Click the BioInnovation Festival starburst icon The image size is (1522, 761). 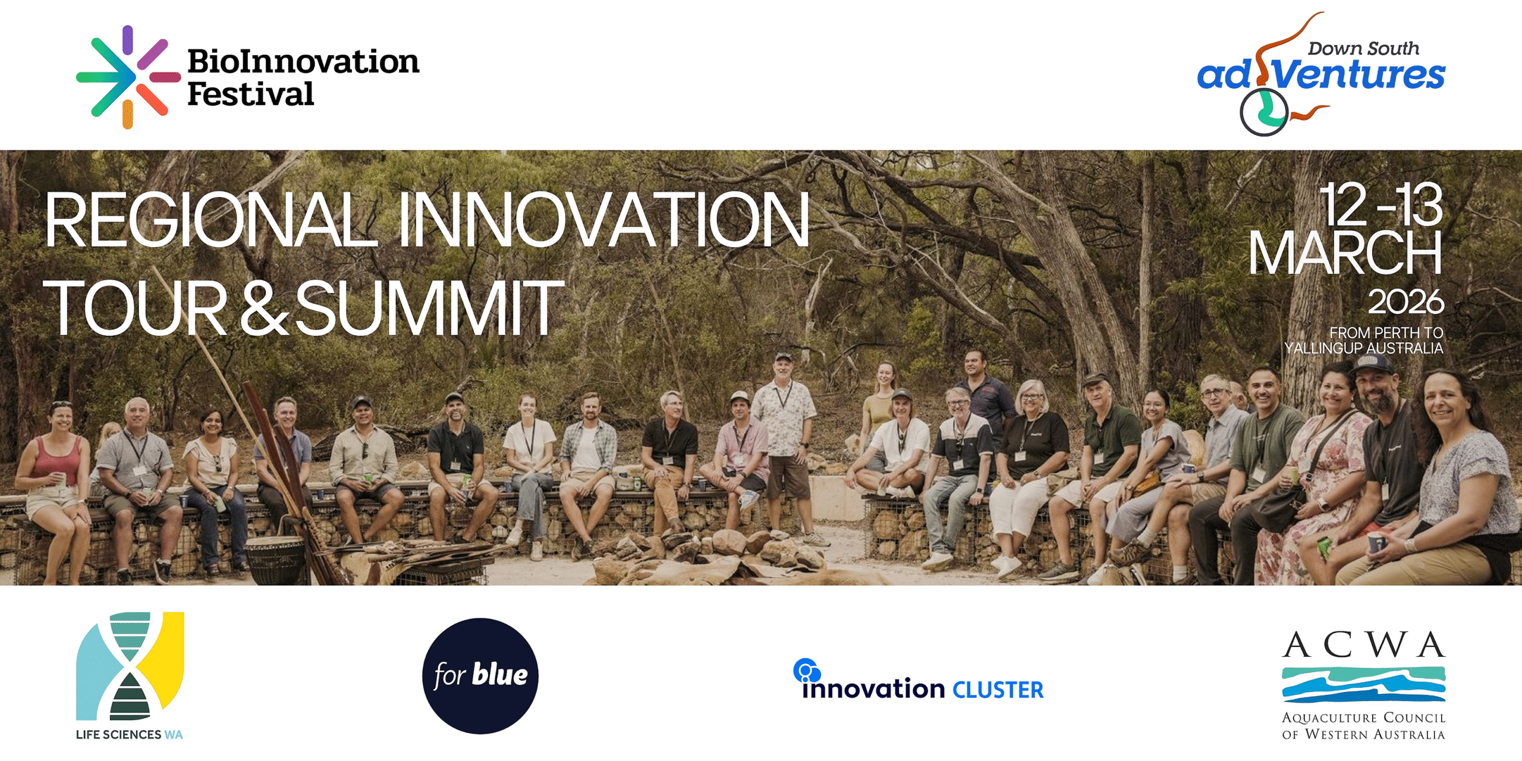tap(128, 77)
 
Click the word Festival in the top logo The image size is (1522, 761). tap(250, 94)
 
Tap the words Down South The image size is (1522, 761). tap(1363, 48)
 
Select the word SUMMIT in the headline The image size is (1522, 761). tap(429, 308)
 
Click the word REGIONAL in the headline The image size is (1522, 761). tap(211, 219)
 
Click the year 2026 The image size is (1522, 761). tap(1405, 301)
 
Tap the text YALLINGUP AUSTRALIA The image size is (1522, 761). tap(1363, 348)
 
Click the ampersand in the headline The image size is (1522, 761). tap(265, 308)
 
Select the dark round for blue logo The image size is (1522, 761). tap(480, 676)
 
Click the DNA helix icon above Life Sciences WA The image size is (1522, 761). tap(130, 666)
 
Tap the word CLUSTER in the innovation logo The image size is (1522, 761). tap(998, 690)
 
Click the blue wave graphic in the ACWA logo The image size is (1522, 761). tap(1363, 684)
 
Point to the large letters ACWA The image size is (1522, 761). tap(1363, 644)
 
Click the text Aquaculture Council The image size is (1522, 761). tap(1363, 718)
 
